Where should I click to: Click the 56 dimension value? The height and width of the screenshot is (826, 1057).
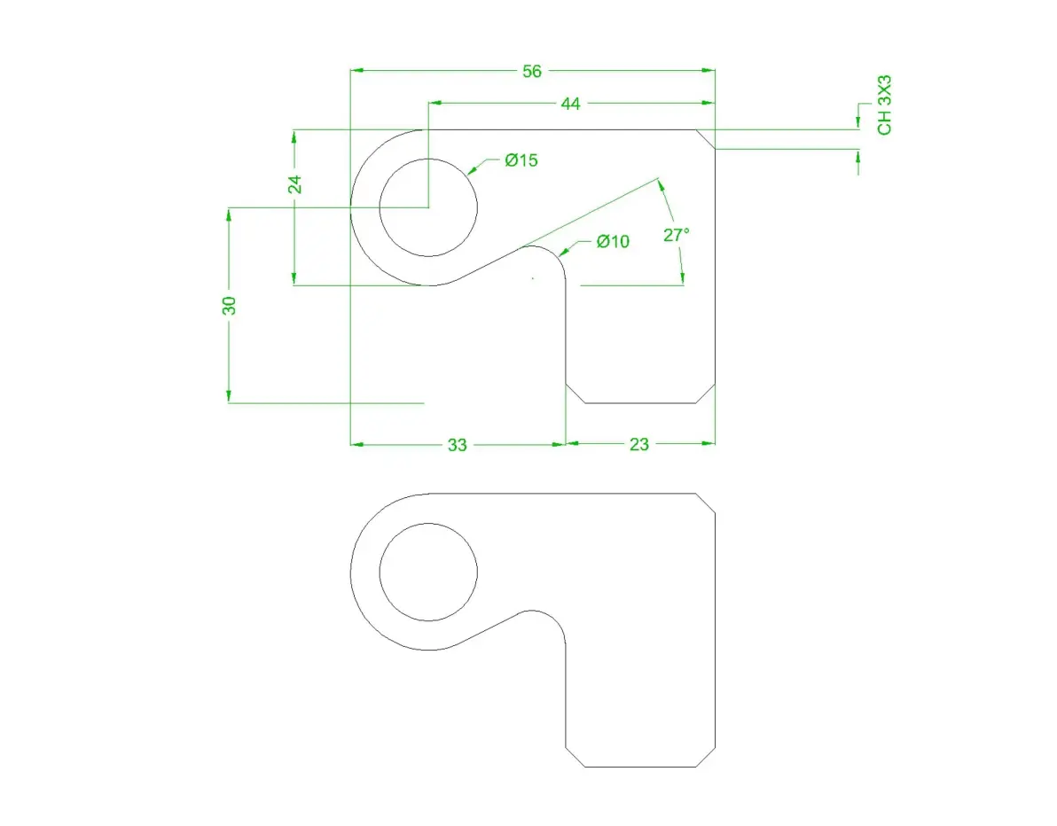coord(532,71)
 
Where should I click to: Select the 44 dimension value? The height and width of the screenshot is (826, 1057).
coord(570,104)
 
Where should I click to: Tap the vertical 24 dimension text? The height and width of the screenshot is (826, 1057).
coord(294,184)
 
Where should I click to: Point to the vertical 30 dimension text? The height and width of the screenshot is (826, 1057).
coord(229,305)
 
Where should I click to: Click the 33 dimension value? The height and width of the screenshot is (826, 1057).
coord(457,445)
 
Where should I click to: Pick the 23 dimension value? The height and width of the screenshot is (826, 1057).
coord(639,445)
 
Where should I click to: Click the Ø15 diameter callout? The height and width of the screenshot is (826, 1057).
coord(521,160)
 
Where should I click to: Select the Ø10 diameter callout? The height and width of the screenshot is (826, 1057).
coord(613,241)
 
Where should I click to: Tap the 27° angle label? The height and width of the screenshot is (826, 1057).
coord(676,235)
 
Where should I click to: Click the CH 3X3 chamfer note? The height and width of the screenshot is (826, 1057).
coord(884,105)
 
